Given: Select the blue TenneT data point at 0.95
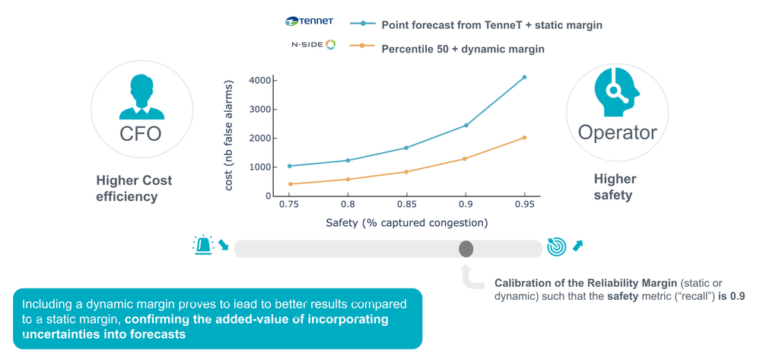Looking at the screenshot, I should coord(524,77).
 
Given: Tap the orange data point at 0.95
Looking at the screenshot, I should coord(524,138).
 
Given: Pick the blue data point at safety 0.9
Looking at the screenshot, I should coord(466,126).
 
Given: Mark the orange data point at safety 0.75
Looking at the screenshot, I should coord(289,184).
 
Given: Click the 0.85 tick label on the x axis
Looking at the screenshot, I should coord(407,205).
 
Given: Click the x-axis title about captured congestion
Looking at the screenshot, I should coord(406,223).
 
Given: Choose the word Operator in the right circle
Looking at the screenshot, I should coord(617,132).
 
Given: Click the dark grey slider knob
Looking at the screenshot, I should coord(466,249).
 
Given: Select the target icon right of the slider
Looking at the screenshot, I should coord(556,247).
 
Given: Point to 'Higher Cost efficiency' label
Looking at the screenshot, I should coord(134,189).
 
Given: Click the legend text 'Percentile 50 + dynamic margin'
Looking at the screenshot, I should coord(463,49).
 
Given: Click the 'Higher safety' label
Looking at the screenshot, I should coord(615,187).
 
